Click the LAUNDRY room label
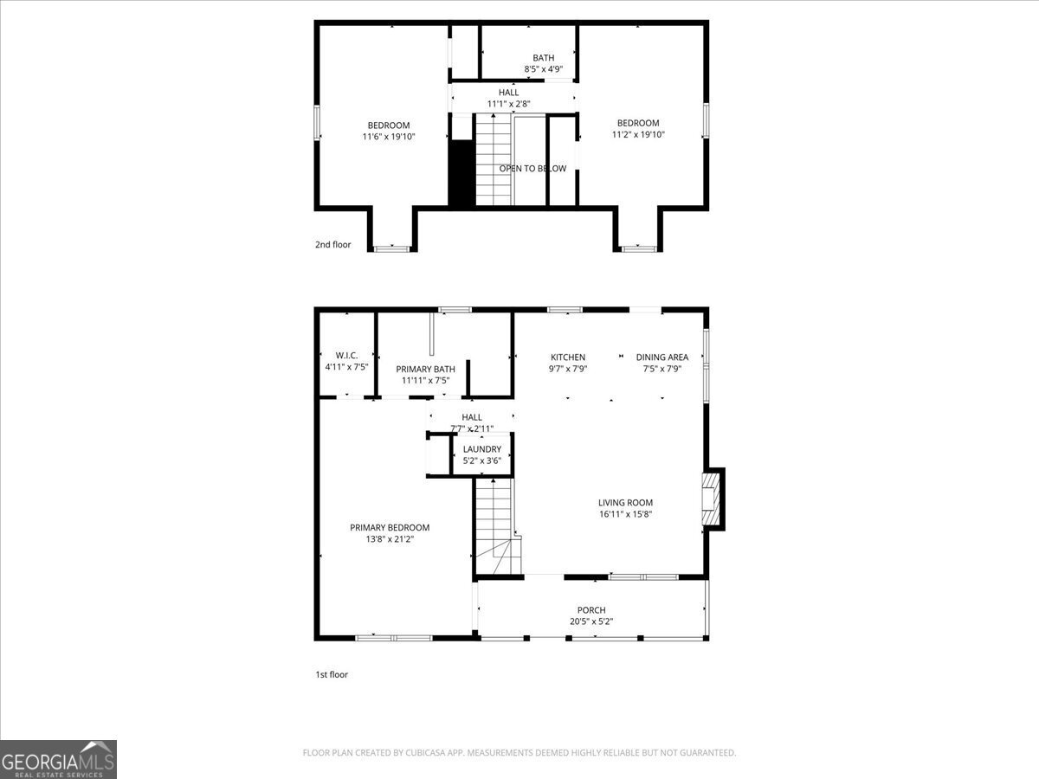tap(481, 449)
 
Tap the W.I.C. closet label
tap(346, 356)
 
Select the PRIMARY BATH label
tap(425, 369)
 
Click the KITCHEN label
tap(568, 357)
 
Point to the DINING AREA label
tap(661, 357)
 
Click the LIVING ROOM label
tap(625, 502)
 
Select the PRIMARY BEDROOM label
tap(390, 527)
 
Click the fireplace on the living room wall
tap(712, 499)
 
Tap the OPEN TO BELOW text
tap(532, 169)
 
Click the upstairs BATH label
tap(543, 58)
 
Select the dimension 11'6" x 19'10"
tap(389, 136)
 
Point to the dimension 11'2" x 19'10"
tap(638, 134)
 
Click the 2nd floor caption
tap(332, 245)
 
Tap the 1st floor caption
tap(331, 674)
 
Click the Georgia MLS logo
tap(59, 759)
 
